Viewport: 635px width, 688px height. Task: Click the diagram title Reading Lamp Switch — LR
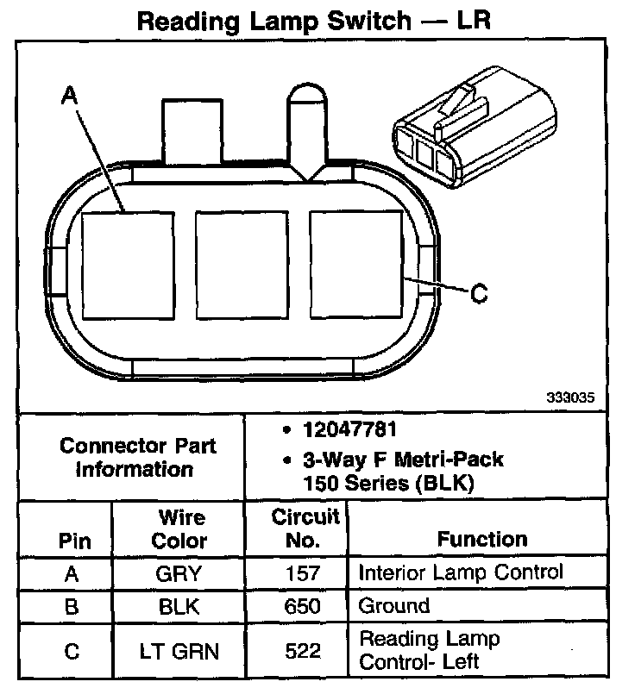[314, 21]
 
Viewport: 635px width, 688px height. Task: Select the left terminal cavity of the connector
[128, 263]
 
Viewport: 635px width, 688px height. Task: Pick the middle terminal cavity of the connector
[242, 263]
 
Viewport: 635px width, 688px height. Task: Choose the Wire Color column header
[180, 529]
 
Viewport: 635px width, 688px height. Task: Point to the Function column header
[482, 540]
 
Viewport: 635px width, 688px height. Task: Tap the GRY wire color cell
[180, 573]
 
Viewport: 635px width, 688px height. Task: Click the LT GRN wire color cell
[180, 651]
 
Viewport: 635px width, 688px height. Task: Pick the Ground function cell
[394, 605]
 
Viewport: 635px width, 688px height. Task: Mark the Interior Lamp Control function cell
[460, 572]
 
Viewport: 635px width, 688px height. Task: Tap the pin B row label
[72, 606]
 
